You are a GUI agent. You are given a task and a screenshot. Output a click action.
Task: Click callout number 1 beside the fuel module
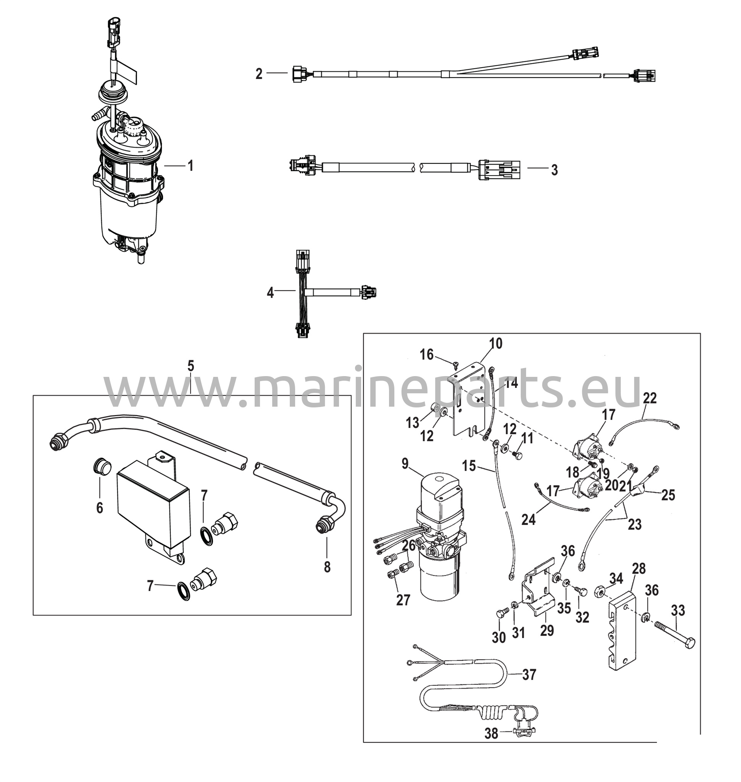191,166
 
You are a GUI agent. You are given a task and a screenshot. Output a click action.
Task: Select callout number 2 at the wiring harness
259,73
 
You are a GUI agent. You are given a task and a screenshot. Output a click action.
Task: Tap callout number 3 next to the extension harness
555,170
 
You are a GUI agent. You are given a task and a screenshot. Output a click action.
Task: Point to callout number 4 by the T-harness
270,293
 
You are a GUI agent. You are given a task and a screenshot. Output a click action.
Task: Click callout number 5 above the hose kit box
191,366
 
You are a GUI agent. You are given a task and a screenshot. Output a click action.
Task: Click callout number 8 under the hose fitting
327,567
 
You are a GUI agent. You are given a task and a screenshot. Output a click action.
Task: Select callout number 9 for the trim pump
405,464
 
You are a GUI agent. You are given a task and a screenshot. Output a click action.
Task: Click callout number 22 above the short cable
650,398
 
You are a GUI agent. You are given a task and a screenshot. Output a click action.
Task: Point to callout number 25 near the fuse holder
668,495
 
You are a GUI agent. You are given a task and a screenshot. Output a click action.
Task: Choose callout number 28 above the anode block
639,569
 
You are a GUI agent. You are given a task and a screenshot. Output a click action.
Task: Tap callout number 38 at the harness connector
491,734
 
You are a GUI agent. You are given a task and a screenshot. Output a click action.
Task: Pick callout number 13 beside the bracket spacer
412,423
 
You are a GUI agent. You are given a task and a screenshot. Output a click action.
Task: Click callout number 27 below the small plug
403,600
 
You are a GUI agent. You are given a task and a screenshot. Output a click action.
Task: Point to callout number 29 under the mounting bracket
547,630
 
